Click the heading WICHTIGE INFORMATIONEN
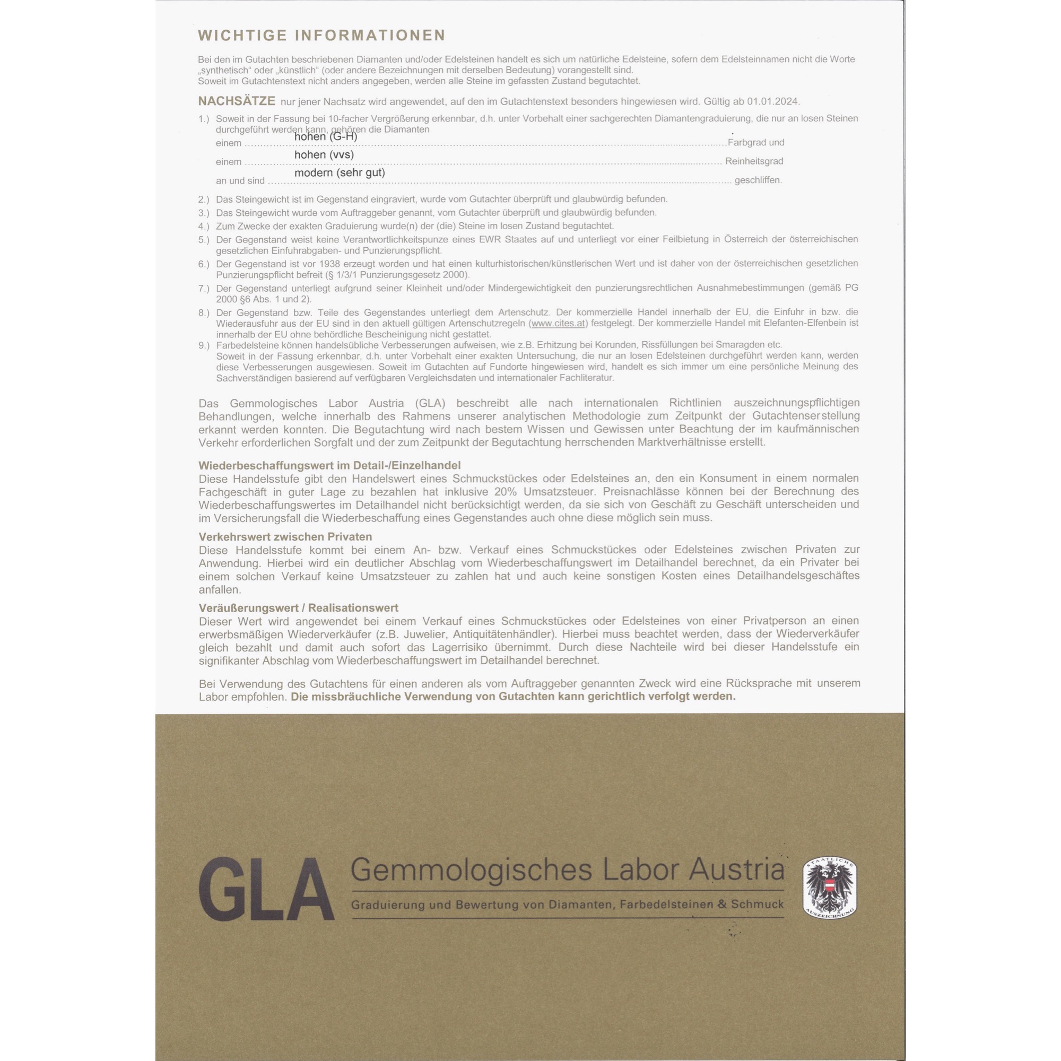[x=321, y=35]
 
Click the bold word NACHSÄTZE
[x=237, y=101]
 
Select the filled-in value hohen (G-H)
[x=326, y=136]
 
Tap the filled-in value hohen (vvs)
[x=324, y=155]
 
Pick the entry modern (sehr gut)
[x=340, y=173]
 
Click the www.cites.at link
[x=558, y=323]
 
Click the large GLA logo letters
[x=266, y=891]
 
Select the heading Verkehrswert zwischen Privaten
[x=285, y=536]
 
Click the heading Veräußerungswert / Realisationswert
[x=298, y=608]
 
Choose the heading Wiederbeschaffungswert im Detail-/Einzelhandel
[x=329, y=466]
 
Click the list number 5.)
[x=204, y=240]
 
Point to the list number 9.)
[x=204, y=345]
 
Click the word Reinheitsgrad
[x=754, y=161]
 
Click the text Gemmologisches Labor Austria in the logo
[x=567, y=870]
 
